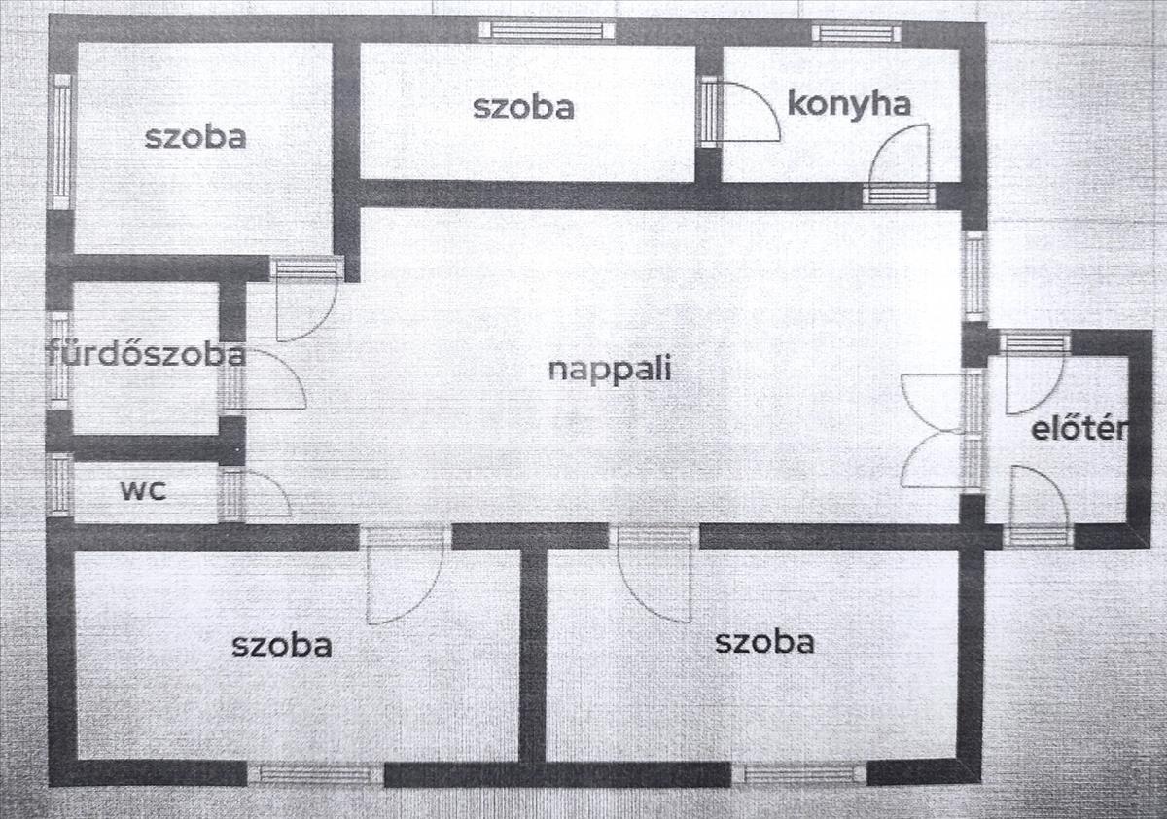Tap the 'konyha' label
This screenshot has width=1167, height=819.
point(848,103)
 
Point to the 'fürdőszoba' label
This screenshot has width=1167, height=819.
point(146,354)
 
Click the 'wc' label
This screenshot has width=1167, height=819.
point(143,489)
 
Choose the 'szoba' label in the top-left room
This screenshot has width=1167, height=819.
point(195,136)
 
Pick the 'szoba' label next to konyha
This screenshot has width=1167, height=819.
point(523,106)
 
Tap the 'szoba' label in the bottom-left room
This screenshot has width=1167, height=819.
point(282,643)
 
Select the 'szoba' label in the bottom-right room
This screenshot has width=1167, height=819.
point(764,641)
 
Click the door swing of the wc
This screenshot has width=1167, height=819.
point(261,494)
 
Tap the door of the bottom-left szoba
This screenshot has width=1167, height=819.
point(403,579)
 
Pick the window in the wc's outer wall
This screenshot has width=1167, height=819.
point(60,484)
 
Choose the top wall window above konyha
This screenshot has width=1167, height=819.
point(856,33)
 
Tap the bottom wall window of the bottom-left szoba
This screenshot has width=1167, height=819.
point(315,774)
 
